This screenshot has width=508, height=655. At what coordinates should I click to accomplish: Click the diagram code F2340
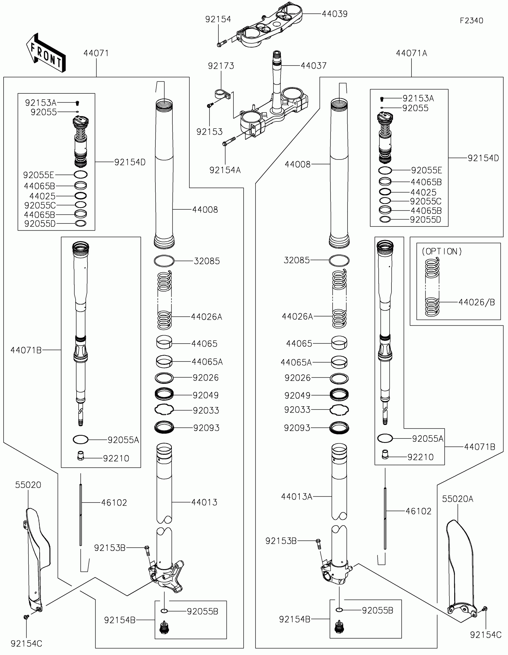(471, 20)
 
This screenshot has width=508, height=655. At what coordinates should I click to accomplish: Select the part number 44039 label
(335, 14)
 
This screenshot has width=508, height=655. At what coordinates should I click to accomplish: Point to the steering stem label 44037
(314, 65)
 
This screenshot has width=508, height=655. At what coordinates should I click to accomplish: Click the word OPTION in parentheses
(442, 251)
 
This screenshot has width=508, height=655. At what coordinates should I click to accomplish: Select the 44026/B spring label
(476, 302)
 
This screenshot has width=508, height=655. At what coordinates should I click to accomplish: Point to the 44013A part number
(296, 496)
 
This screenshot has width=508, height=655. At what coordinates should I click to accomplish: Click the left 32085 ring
(164, 261)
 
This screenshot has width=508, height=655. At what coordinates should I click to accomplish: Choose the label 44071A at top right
(411, 53)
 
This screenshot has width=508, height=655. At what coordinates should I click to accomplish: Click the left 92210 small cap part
(80, 455)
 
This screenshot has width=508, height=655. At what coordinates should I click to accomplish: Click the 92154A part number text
(225, 170)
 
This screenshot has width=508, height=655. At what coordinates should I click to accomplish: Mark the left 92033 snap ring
(164, 410)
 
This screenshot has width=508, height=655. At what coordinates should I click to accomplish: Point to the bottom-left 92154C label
(26, 643)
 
